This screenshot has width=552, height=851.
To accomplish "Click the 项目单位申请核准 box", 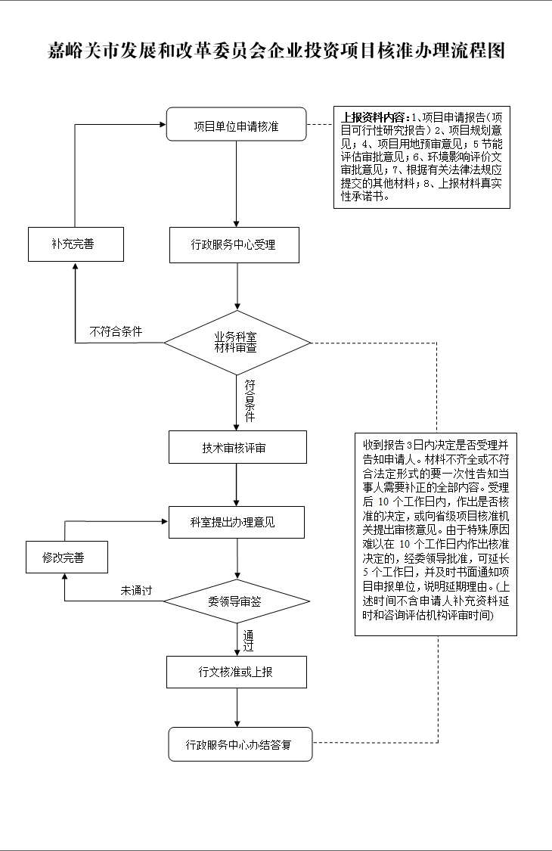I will click(236, 125).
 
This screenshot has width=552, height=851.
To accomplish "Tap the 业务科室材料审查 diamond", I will click(237, 343).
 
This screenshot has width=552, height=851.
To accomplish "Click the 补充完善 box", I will click(76, 244).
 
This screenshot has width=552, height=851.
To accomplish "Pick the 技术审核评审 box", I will click(237, 447).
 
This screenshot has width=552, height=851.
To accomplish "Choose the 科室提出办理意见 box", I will click(237, 522).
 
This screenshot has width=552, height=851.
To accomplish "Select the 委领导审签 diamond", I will click(237, 601).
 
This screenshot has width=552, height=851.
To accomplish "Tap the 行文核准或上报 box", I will click(237, 672).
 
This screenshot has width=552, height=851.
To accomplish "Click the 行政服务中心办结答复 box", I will click(240, 744).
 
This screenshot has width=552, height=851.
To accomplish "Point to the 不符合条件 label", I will click(116, 331).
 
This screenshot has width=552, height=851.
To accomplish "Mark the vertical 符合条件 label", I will click(249, 401).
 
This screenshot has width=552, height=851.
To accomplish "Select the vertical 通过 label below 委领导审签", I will click(248, 640).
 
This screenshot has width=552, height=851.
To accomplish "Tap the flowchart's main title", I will click(276, 51).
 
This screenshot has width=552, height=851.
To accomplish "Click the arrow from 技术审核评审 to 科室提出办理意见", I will click(237, 485).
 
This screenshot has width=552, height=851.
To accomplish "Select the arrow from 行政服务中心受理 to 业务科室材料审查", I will click(237, 286).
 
